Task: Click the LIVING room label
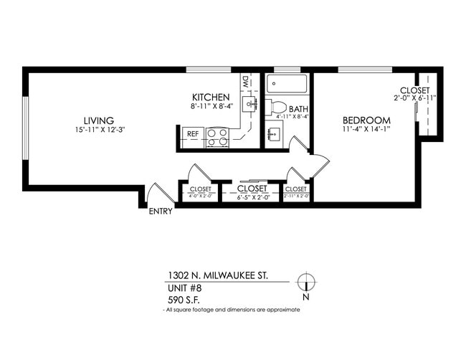tap(98, 120)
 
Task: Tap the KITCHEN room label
tap(210, 98)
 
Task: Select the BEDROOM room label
tap(366, 120)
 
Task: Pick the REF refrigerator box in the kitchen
tap(192, 134)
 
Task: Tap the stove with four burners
tap(217, 136)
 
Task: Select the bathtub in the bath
tap(287, 85)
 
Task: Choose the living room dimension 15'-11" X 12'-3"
tap(98, 130)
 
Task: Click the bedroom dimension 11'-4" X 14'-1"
tap(366, 130)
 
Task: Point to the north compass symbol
tap(306, 282)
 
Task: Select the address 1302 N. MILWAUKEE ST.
tap(217, 275)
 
